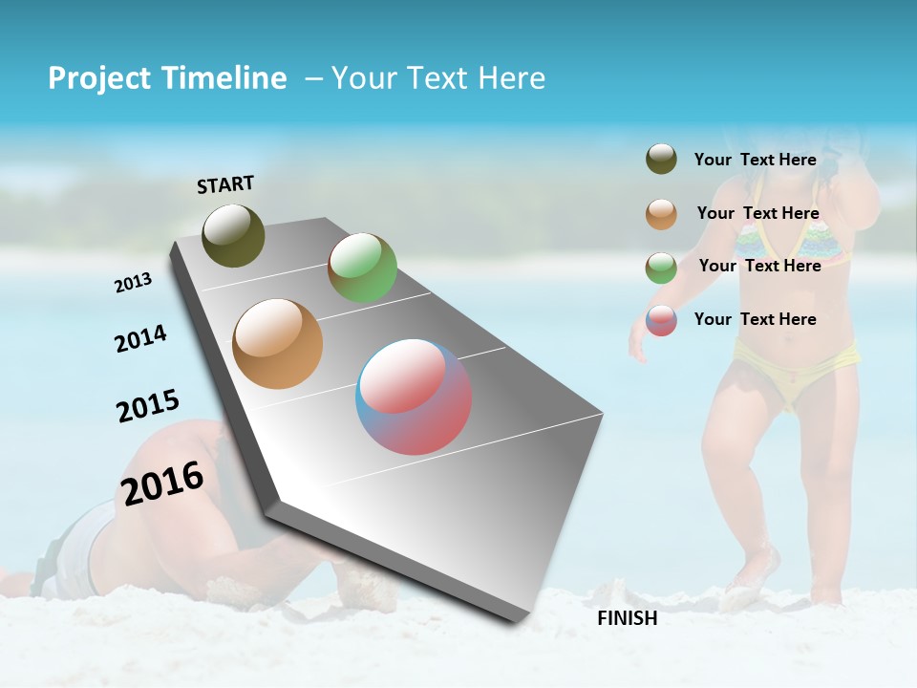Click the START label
(x=225, y=184)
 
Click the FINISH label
(x=628, y=618)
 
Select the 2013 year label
(x=133, y=283)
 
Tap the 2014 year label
(x=140, y=339)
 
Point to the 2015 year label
(x=148, y=406)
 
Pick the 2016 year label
(x=162, y=484)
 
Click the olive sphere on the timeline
(x=234, y=235)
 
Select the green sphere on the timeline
(x=362, y=268)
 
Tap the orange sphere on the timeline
(x=278, y=344)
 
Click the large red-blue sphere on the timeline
(x=414, y=397)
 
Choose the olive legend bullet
(x=661, y=159)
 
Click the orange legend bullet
(x=661, y=214)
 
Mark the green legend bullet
(x=661, y=268)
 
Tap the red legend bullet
(x=661, y=320)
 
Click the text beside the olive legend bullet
(x=755, y=161)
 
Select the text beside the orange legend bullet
(x=757, y=214)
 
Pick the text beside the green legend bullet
(x=759, y=266)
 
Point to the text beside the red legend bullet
(x=755, y=319)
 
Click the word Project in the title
(x=99, y=78)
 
